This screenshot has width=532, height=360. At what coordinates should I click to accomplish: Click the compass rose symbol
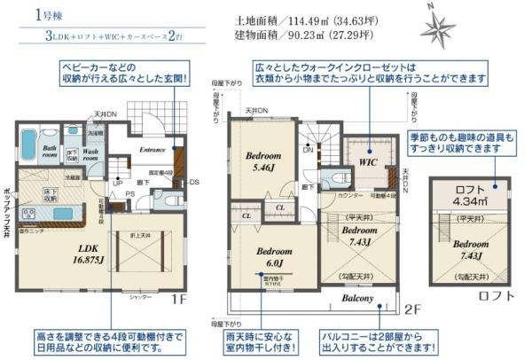point(437,26)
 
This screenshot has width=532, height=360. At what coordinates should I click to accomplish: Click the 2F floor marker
point(410,309)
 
